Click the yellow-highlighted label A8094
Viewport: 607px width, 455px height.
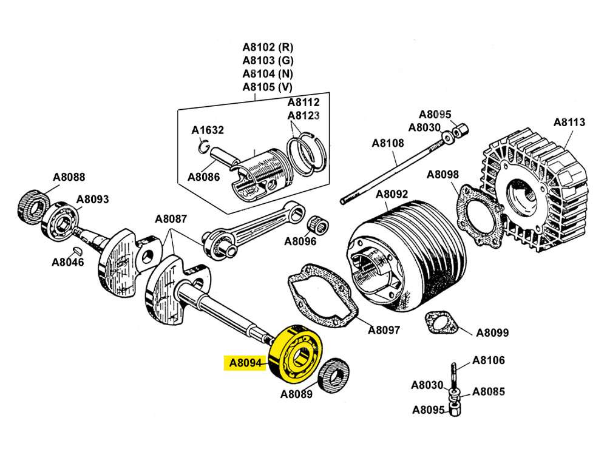point(245,364)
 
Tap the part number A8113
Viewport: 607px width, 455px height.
point(569,122)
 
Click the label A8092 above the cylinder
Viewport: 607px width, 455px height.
point(392,195)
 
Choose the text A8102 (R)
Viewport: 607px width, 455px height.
point(268,47)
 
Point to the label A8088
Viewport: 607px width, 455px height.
point(69,177)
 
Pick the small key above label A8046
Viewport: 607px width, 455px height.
point(76,250)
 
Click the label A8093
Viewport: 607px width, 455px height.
point(92,199)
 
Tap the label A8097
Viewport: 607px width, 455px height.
point(384,330)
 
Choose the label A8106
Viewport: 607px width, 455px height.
point(489,360)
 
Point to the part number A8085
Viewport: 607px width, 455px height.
point(489,391)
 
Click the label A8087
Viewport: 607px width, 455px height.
point(171,219)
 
